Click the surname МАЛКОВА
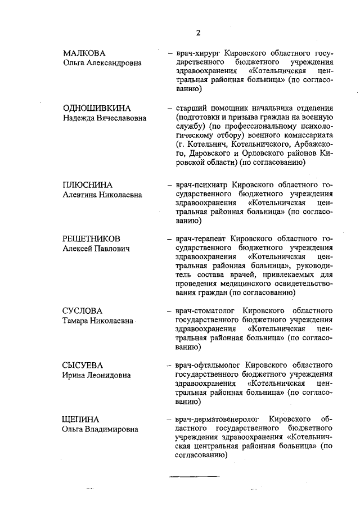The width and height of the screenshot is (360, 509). [84, 53]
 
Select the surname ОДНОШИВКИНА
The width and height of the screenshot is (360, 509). [97, 108]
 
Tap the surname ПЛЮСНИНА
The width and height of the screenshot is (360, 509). [87, 184]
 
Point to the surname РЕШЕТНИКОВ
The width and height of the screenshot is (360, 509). [91, 238]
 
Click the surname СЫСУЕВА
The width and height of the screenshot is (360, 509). [83, 365]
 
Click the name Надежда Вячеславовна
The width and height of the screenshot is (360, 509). [104, 118]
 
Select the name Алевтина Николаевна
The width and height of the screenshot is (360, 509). [102, 195]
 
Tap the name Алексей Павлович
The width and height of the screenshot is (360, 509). [96, 249]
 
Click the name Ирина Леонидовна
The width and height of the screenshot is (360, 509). [97, 375]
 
